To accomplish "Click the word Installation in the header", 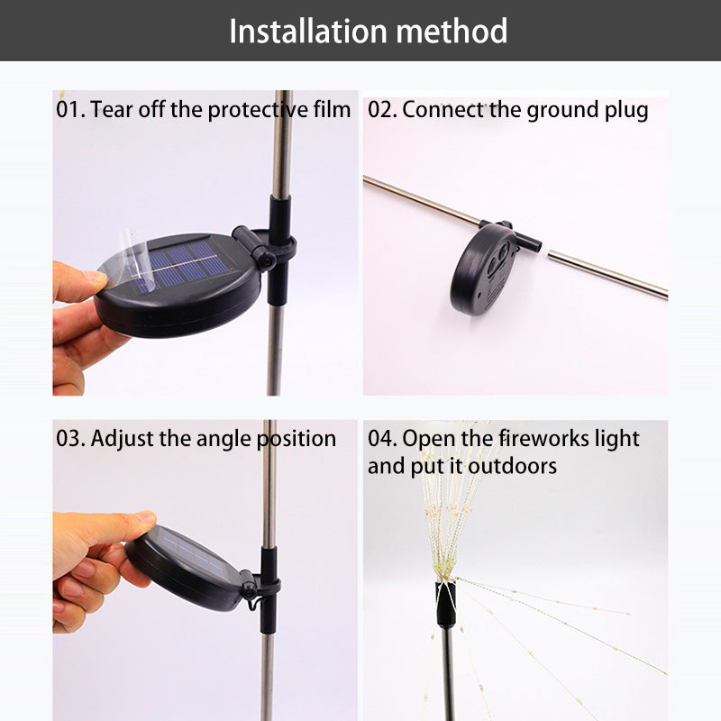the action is [308, 32].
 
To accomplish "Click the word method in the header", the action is [452, 32].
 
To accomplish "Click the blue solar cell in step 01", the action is [182, 267].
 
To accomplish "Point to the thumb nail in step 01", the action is [96, 276].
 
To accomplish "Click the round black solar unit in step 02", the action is [483, 269].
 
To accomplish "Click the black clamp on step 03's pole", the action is [268, 589].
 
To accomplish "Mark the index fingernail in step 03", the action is [146, 516].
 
